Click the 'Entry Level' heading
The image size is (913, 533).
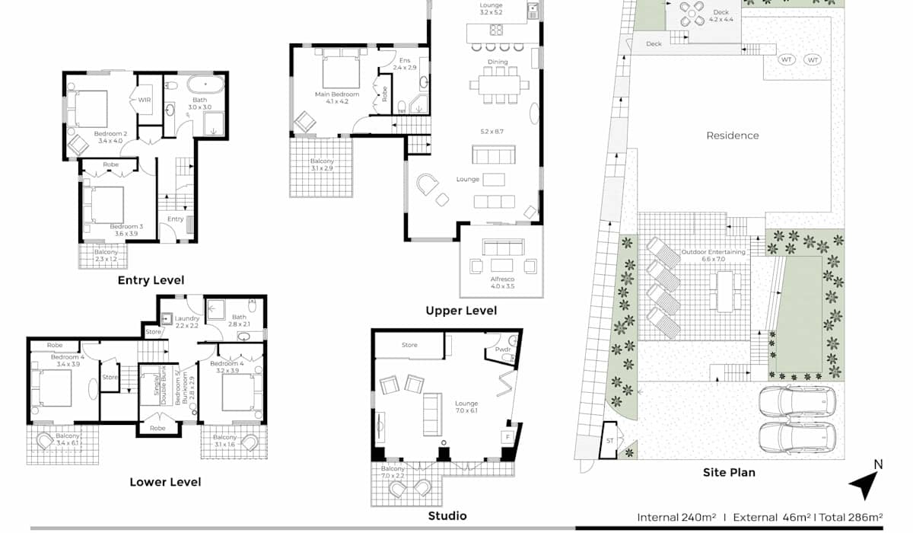(151, 280)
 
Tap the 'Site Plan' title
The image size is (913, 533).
(729, 472)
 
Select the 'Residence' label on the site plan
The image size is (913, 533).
(733, 136)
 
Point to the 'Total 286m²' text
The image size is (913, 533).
(851, 518)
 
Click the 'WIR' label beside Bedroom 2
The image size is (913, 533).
(145, 100)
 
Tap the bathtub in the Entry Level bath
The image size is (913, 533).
(206, 85)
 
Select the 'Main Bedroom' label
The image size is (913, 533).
(337, 94)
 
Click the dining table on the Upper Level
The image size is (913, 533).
(500, 85)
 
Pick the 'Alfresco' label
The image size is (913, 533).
(502, 279)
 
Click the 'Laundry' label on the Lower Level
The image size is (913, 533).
(187, 318)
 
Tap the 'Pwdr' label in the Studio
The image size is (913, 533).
(503, 349)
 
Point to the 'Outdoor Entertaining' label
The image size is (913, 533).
(714, 252)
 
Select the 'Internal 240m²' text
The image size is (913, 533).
(676, 518)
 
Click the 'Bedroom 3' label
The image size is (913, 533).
(126, 226)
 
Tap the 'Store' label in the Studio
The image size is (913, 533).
(409, 345)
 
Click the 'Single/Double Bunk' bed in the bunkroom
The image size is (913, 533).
(157, 385)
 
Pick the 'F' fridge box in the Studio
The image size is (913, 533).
(508, 437)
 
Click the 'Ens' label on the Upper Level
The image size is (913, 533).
(404, 60)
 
